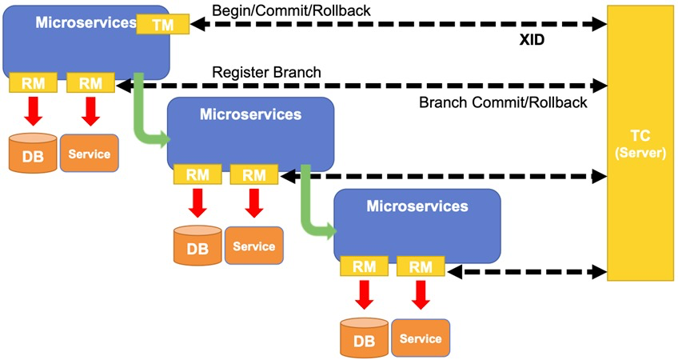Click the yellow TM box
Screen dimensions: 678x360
click(x=162, y=24)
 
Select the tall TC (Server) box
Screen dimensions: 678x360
click(x=640, y=143)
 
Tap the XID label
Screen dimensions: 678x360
click(x=532, y=40)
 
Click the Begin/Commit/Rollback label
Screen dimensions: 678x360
click(x=291, y=10)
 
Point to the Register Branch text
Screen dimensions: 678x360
click(x=266, y=72)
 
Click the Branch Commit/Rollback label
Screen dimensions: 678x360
click(x=503, y=102)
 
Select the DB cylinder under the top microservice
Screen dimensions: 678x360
click(x=33, y=153)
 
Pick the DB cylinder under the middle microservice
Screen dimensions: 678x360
click(x=197, y=246)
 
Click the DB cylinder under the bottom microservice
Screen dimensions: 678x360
click(x=364, y=338)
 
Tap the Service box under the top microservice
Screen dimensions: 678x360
click(x=89, y=153)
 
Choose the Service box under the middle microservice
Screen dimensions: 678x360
click(x=253, y=246)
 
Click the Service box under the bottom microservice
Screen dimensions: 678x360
click(x=421, y=338)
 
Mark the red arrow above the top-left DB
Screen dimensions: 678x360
click(x=34, y=110)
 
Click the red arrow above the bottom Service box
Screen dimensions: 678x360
click(x=421, y=294)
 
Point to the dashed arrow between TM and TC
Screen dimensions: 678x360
click(x=398, y=24)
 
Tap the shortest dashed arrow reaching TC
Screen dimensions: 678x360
click(x=527, y=272)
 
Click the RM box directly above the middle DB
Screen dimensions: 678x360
click(x=197, y=174)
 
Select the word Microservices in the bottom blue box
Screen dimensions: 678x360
click(x=417, y=206)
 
